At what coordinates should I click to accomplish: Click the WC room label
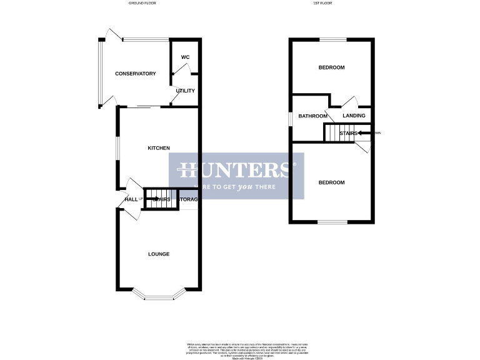click(x=185, y=57)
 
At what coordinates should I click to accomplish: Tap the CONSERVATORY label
click(x=135, y=74)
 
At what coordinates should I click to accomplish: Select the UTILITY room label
click(x=185, y=91)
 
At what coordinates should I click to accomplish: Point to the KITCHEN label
click(x=158, y=148)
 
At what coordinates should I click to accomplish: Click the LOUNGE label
click(x=159, y=254)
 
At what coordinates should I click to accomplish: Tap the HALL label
click(x=131, y=199)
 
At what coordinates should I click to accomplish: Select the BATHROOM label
click(x=312, y=116)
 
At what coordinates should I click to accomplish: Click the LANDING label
click(x=354, y=116)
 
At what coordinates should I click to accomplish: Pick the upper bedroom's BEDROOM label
click(x=331, y=67)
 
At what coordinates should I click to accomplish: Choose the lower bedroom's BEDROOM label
click(x=331, y=182)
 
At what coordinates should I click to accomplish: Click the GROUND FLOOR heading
click(x=142, y=4)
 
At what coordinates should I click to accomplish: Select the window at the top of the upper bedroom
click(x=333, y=40)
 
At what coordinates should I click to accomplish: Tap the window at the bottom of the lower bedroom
click(x=332, y=222)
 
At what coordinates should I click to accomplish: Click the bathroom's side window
click(x=290, y=118)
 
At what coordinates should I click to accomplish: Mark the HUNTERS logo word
click(x=236, y=169)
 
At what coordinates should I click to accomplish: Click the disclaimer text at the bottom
click(x=240, y=350)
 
